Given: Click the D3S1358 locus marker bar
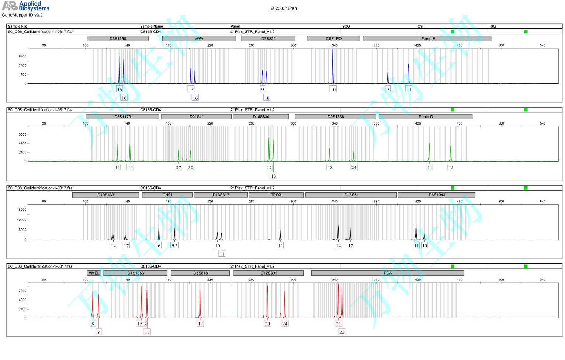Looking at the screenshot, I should click(x=118, y=38).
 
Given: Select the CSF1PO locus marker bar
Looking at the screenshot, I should click(x=333, y=38).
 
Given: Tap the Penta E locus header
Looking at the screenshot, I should click(x=427, y=38).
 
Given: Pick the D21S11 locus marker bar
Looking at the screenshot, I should click(x=196, y=116).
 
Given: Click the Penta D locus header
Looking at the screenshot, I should click(x=425, y=116).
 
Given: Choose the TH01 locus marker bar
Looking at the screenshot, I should click(x=167, y=195).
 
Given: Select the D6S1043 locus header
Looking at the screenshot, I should click(x=436, y=195).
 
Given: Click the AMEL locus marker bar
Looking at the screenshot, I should click(x=94, y=273).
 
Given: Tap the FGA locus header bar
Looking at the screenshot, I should click(x=387, y=273).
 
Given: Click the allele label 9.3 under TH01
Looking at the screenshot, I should click(x=174, y=245).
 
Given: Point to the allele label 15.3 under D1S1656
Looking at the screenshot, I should click(x=142, y=324).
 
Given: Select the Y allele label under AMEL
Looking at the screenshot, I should click(x=98, y=332).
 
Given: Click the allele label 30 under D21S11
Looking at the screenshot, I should click(x=191, y=167).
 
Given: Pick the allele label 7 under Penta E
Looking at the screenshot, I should click(x=388, y=90).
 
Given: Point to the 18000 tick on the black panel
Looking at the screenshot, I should click(x=21, y=210).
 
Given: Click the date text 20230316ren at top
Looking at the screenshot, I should click(x=283, y=8).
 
